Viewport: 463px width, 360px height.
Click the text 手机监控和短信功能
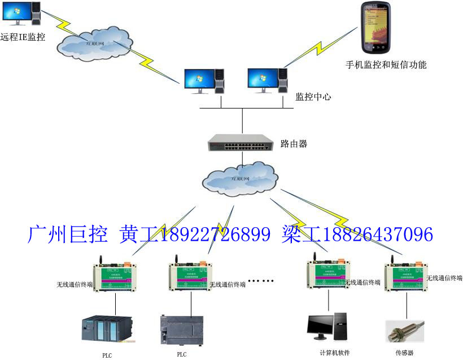386,64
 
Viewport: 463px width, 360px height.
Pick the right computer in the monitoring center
267,81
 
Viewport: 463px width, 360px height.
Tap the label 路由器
294,144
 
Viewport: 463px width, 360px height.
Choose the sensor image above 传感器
404,331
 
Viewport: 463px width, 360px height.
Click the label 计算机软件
335,353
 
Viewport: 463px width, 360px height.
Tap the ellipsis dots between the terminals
261,281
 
